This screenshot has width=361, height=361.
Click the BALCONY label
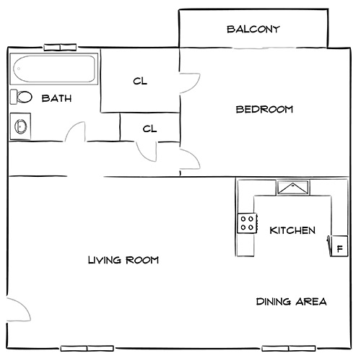[x=253, y=30]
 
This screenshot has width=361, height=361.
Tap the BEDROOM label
[x=264, y=110]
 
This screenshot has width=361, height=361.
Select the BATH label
[x=56, y=98]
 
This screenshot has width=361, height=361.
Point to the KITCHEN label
[x=292, y=231]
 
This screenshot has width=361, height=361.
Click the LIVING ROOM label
[x=123, y=260]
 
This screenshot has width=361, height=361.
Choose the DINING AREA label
[x=292, y=301]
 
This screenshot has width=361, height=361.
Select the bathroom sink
[x=20, y=126]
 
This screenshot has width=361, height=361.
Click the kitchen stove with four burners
[x=247, y=222]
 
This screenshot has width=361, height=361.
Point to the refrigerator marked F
[x=338, y=246]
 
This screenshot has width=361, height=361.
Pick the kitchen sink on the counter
[x=292, y=188]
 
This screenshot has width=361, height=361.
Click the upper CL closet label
[x=140, y=82]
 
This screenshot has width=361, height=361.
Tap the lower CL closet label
[x=149, y=129]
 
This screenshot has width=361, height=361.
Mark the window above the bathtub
[x=61, y=48]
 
